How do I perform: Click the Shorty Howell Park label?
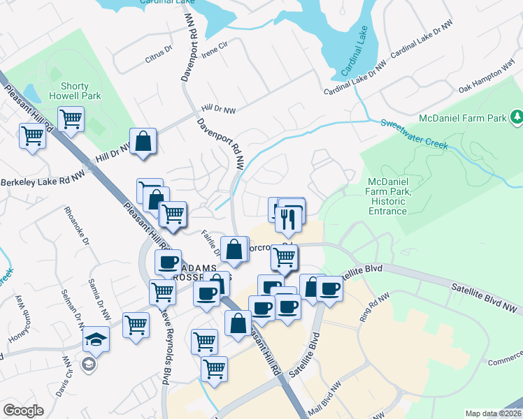(x=75, y=91)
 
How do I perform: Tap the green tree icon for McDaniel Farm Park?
(x=517, y=115)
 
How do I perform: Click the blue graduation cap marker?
(x=96, y=341)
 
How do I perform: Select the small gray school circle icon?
(x=87, y=364)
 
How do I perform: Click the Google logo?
(x=24, y=410)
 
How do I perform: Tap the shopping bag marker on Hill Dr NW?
(x=143, y=142)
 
